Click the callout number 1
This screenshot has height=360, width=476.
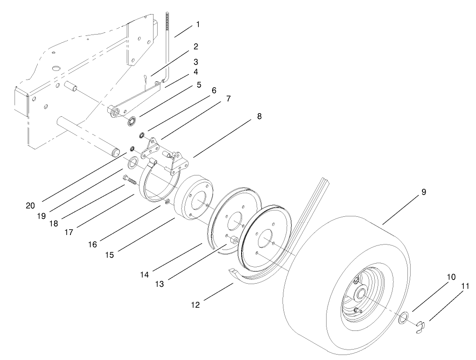pos(198,24)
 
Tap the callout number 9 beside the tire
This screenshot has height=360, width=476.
pos(423,192)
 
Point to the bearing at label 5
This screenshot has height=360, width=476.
pos(133,121)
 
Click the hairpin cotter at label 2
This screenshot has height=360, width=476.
pos(144,79)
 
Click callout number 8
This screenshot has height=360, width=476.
pos(259,116)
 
